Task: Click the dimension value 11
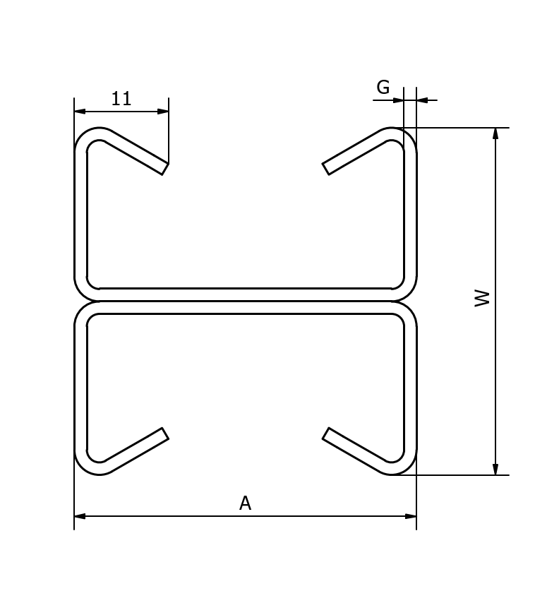pyautogui.click(x=121, y=99)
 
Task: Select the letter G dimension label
pyautogui.click(x=383, y=88)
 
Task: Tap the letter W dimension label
pyautogui.click(x=482, y=298)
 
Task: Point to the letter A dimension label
pyautogui.click(x=245, y=503)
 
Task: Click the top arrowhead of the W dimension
pyautogui.click(x=495, y=133)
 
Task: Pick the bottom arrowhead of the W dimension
pyautogui.click(x=495, y=470)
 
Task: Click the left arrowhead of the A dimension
pyautogui.click(x=80, y=516)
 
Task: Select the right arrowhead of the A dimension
pyautogui.click(x=411, y=516)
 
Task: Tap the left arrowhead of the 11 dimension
pyautogui.click(x=80, y=111)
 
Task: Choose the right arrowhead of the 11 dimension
pyautogui.click(x=163, y=111)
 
